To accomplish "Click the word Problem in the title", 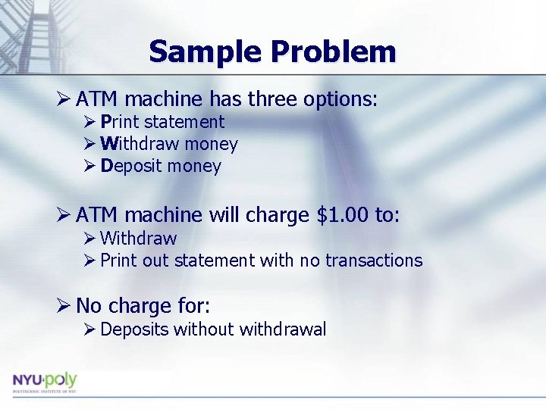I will [x=333, y=52].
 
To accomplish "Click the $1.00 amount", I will [x=344, y=216].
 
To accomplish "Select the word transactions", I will [x=374, y=261].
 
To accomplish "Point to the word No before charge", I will [x=89, y=306].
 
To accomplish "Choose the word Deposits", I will [x=134, y=329].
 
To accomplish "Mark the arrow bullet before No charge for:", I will [x=64, y=306].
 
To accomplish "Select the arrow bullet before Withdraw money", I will [x=89, y=144].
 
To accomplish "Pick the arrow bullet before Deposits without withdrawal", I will [x=89, y=329].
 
